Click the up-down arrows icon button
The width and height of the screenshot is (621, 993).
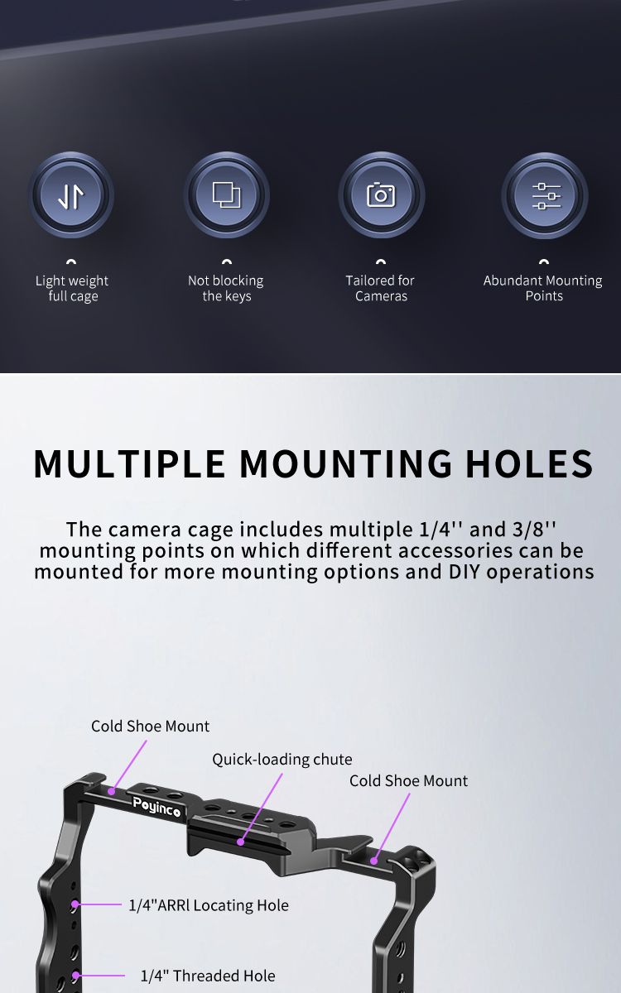[x=71, y=195]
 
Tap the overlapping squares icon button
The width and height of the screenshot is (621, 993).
[x=227, y=195]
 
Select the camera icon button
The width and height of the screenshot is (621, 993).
[x=382, y=195]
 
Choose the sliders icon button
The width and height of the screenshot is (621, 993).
[x=545, y=196]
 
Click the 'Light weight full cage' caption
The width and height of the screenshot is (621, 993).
[x=72, y=288]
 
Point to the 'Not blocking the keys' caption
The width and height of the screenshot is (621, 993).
[x=226, y=288]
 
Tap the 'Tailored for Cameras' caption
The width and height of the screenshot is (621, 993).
[x=380, y=288]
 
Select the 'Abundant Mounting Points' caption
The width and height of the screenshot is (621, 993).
[x=543, y=288]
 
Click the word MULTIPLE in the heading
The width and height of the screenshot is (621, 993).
[x=129, y=463]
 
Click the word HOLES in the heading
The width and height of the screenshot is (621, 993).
[x=529, y=463]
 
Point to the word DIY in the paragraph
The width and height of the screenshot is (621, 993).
[x=465, y=572]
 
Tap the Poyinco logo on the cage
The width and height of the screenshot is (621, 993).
[x=156, y=807]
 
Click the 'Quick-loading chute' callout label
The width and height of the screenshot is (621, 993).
[x=282, y=760]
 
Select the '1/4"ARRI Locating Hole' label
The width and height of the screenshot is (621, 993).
[x=209, y=905]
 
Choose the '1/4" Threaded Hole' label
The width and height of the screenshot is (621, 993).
[x=208, y=976]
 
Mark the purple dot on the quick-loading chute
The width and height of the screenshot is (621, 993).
[x=240, y=842]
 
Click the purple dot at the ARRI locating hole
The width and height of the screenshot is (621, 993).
[x=75, y=904]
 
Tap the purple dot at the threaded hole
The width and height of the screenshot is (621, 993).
[x=76, y=976]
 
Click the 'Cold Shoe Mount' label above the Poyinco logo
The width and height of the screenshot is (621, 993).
[x=151, y=727]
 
